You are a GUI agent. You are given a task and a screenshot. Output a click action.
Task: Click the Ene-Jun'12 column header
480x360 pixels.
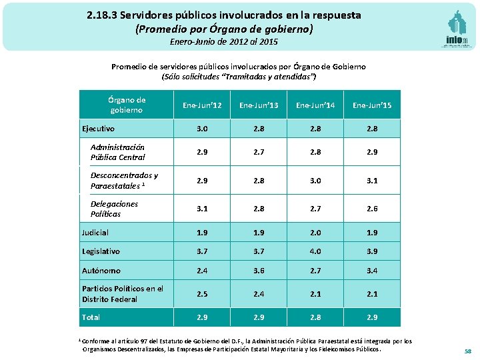[201, 105]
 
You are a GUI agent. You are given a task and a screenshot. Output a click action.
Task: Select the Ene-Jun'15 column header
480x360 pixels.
[372, 105]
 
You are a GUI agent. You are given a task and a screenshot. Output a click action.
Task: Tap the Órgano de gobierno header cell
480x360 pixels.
[126, 105]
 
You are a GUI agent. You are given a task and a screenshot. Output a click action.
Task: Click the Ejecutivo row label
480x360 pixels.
[98, 129]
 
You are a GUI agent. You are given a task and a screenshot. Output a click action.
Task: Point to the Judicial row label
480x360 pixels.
[95, 233]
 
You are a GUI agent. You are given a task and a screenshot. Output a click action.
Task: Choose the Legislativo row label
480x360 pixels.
[101, 251]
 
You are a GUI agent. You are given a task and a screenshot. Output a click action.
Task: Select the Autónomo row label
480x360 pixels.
[101, 271]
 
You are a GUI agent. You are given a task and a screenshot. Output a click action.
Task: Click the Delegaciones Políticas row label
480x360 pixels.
[114, 209]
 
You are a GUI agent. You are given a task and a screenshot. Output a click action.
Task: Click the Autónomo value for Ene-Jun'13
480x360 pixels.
[258, 271]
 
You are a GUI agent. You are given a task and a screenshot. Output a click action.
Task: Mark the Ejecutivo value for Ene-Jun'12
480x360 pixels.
[201, 129]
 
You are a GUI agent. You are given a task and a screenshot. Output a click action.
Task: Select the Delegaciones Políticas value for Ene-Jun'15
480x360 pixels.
[372, 209]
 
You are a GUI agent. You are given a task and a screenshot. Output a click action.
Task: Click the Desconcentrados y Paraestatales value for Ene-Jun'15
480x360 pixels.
[372, 181]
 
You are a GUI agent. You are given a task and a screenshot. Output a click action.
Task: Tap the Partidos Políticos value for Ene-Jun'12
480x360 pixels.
[201, 294]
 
